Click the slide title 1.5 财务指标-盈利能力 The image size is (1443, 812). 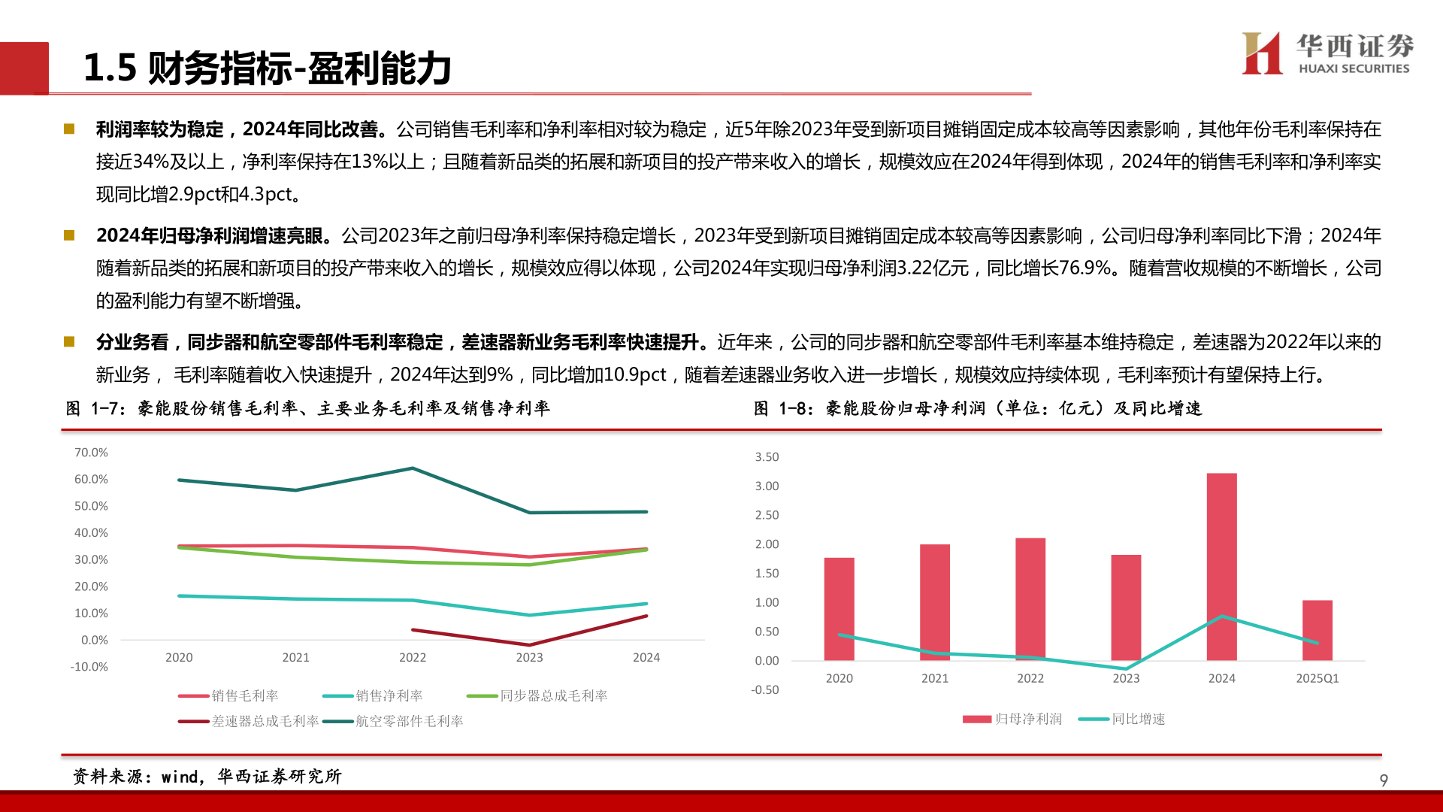[267, 68]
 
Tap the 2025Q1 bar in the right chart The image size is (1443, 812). [1317, 630]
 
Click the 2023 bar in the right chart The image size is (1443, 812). [1126, 607]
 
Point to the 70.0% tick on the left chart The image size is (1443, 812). [91, 453]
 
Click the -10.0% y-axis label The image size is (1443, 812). [89, 667]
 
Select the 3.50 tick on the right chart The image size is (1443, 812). [767, 457]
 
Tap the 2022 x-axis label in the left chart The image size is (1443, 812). [413, 658]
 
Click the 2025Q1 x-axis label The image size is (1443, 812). [1317, 678]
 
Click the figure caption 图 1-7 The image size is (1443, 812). [308, 408]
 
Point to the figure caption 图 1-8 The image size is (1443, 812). [977, 408]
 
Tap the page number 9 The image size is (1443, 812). [1383, 780]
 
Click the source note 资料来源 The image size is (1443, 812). [207, 777]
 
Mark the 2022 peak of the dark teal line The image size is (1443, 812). [412, 468]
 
